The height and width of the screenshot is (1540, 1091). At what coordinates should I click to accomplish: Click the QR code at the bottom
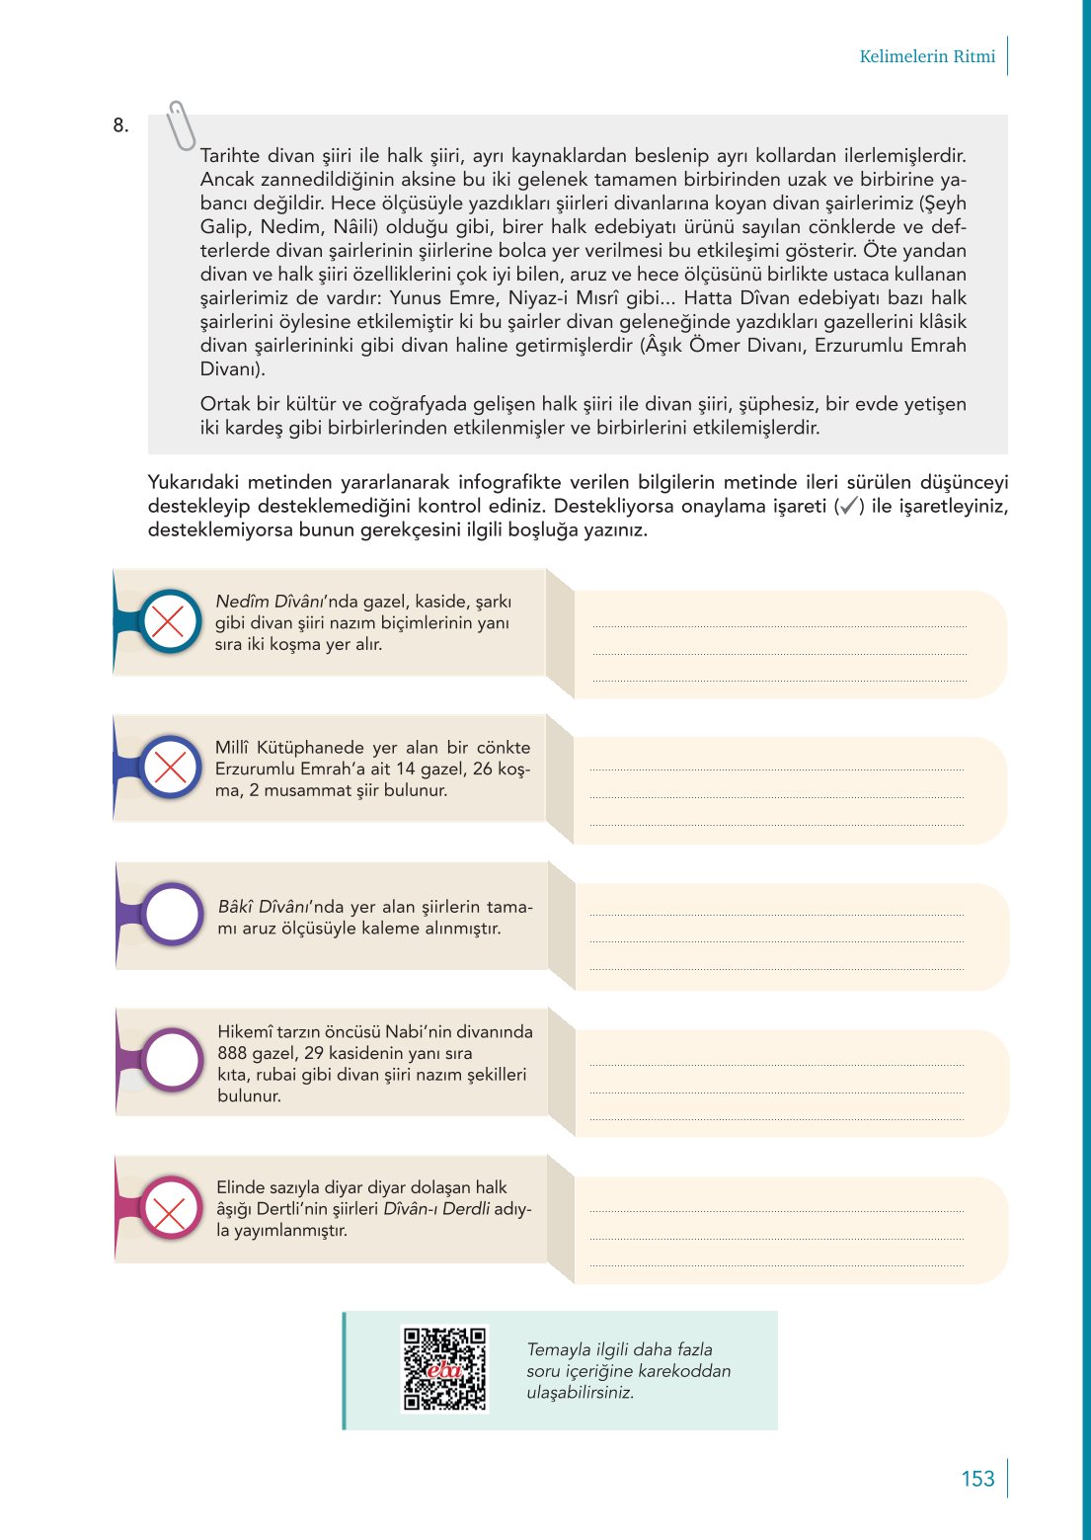[x=444, y=1368]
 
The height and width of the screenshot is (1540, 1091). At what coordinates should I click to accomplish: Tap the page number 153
[x=977, y=1479]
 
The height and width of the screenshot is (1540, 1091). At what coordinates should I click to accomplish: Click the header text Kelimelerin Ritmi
[x=927, y=56]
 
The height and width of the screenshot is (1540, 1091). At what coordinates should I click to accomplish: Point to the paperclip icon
[x=181, y=125]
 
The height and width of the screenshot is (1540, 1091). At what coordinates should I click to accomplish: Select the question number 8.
[x=120, y=125]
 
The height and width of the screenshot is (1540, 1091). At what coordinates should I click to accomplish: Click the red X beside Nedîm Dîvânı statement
[x=169, y=621]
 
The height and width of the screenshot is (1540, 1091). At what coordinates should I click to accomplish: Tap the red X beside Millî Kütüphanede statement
[x=170, y=768]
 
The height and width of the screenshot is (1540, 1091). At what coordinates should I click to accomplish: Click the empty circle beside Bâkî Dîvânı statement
[x=173, y=914]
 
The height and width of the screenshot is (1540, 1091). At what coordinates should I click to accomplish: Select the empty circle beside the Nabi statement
[x=173, y=1060]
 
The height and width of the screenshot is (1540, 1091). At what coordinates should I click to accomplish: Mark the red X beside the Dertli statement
[x=170, y=1208]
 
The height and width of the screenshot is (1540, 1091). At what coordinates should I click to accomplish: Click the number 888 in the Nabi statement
[x=233, y=1053]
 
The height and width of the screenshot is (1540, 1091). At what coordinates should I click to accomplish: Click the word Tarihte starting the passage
[x=230, y=156]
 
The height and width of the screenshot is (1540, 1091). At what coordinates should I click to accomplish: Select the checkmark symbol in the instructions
[x=846, y=507]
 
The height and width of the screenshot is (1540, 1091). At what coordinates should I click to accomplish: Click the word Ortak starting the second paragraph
[x=226, y=404]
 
